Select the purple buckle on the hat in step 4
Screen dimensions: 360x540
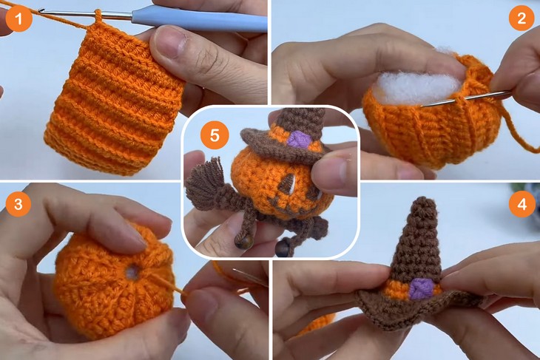click(x=421, y=288)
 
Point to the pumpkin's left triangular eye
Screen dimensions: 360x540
click(x=262, y=185)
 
